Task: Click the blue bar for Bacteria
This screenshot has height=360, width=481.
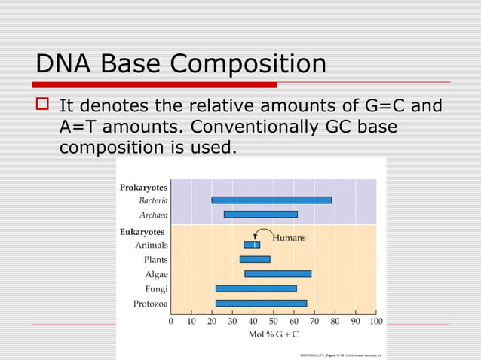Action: click(x=271, y=200)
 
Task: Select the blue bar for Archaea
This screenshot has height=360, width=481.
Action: click(x=261, y=215)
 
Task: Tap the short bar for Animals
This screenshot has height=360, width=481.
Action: click(x=252, y=245)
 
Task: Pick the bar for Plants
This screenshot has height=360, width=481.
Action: click(x=255, y=259)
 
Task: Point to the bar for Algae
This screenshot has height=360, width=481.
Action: click(x=277, y=273)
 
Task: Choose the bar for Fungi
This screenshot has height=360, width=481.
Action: click(x=256, y=288)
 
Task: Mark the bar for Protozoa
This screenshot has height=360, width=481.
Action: click(x=261, y=303)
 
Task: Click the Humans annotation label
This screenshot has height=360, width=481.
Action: click(x=290, y=238)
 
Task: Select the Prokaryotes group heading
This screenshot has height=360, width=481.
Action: click(x=143, y=187)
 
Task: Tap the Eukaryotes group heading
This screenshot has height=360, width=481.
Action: click(x=142, y=232)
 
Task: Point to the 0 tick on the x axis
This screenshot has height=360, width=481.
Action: click(x=170, y=321)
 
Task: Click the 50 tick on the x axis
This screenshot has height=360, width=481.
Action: click(x=274, y=321)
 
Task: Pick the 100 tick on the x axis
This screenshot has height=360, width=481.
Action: click(x=375, y=321)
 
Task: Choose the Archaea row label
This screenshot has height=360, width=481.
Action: click(x=153, y=215)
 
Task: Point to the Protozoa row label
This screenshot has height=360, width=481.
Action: click(x=150, y=304)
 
